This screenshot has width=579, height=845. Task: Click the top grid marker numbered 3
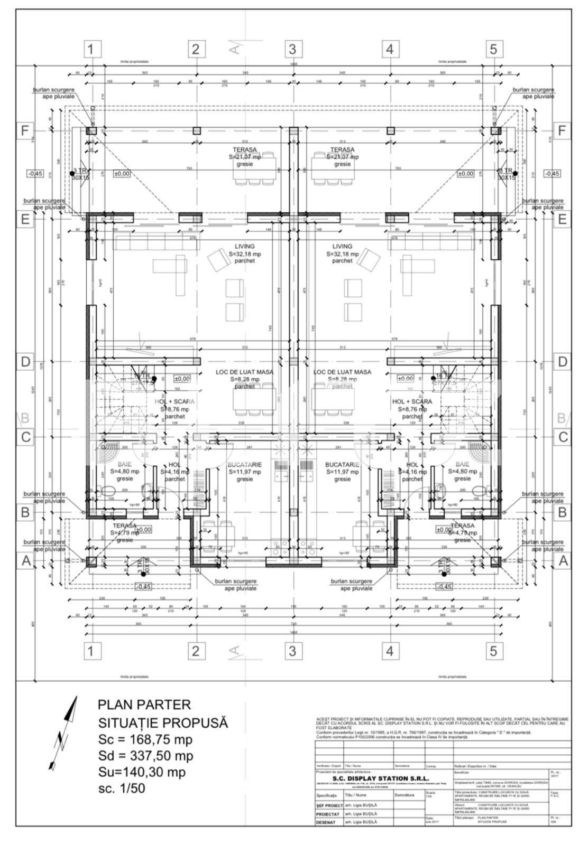pyautogui.click(x=292, y=49)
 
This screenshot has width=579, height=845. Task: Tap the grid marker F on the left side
pyautogui.click(x=24, y=130)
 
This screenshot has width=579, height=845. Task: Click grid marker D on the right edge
pyautogui.click(x=562, y=362)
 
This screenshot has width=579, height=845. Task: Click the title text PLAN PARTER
pyautogui.click(x=144, y=705)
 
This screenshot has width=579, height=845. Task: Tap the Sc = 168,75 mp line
pyautogui.click(x=145, y=739)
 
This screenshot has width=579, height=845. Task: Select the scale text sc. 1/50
pyautogui.click(x=121, y=788)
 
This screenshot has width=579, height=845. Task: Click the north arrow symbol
pyautogui.click(x=63, y=734)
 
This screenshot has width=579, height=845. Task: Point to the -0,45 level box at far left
pyautogui.click(x=35, y=173)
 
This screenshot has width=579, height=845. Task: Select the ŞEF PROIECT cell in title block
pyautogui.click(x=329, y=806)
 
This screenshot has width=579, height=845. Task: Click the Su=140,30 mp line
pyautogui.click(x=142, y=772)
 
